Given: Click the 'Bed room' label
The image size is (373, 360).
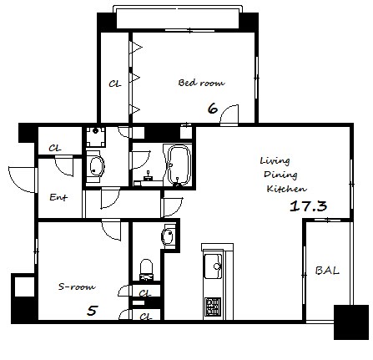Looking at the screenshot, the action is point(201,83).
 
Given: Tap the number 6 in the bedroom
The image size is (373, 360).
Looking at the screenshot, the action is point(213,109).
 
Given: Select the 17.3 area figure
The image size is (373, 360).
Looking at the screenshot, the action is point(308,206).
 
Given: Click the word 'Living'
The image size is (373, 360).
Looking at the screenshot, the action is point(275,160).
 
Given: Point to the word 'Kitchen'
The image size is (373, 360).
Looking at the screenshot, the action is point(286,189).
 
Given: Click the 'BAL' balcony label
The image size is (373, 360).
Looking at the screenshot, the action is point(327,271).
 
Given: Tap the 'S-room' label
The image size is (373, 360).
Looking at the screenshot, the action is point(77,286).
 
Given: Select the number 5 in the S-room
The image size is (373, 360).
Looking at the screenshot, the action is point(92,311).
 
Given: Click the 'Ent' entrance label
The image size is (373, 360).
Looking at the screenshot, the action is point(58,197).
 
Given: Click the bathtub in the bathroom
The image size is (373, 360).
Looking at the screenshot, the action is point(179,165).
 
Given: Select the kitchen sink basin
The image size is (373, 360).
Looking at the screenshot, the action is point(213,266).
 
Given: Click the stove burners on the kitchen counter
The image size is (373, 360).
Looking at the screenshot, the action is point(213,307).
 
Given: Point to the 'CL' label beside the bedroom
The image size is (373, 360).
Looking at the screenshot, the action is point(115,84).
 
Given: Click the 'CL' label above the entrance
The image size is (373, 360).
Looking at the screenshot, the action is point(55,148).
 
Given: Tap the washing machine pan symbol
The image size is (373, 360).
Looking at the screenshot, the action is point(96,137).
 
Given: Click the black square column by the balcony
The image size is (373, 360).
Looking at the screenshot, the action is point(351,322).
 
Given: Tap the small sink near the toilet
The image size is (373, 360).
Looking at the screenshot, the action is point(168,236).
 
